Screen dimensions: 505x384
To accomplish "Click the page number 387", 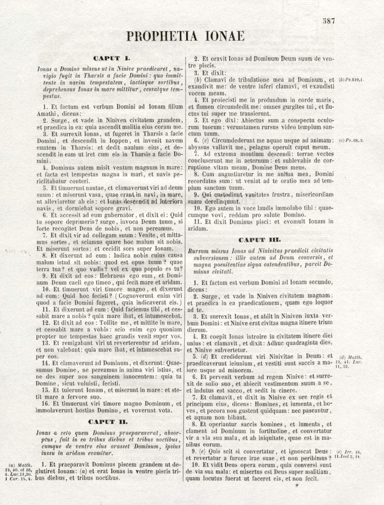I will point(329,20).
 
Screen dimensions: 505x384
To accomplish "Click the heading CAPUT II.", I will point(108,422).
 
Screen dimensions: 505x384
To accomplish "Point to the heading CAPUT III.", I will point(260,240).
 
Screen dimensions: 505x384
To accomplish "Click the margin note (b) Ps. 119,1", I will point(351,80).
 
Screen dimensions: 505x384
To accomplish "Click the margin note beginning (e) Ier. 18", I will point(348,454).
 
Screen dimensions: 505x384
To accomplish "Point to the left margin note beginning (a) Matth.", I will point(21,471).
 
